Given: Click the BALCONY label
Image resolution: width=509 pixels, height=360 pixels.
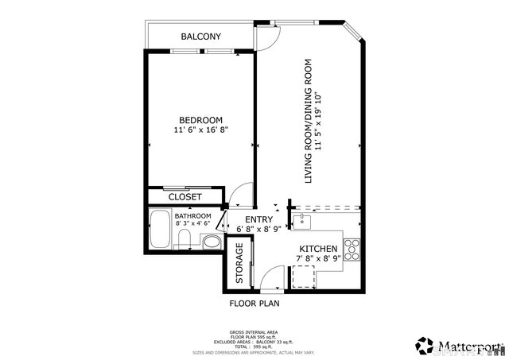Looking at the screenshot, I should (x=200, y=37).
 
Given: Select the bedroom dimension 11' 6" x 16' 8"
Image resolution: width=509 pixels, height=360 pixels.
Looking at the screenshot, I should (x=200, y=130).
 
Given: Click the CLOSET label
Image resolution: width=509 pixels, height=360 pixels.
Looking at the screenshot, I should (x=185, y=196).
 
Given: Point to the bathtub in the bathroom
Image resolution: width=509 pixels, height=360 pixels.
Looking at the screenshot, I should (x=160, y=230).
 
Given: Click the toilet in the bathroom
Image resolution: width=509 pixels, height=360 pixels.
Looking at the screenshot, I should (x=185, y=240).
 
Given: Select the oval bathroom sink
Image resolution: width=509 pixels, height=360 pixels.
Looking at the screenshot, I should (x=212, y=242).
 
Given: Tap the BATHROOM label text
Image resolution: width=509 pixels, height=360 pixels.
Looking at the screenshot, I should (x=192, y=216).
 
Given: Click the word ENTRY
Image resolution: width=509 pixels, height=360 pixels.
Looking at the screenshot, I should (x=258, y=220).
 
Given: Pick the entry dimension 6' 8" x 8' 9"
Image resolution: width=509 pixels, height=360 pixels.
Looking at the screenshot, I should (x=258, y=230).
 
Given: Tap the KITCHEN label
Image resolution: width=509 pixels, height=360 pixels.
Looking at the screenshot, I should (x=317, y=249).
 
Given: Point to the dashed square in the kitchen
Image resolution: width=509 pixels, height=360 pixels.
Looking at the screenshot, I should (x=303, y=276).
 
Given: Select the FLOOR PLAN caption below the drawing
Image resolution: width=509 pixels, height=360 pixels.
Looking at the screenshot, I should (x=254, y=303).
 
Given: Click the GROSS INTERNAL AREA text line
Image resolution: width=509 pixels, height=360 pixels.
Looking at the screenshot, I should (x=254, y=332).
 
